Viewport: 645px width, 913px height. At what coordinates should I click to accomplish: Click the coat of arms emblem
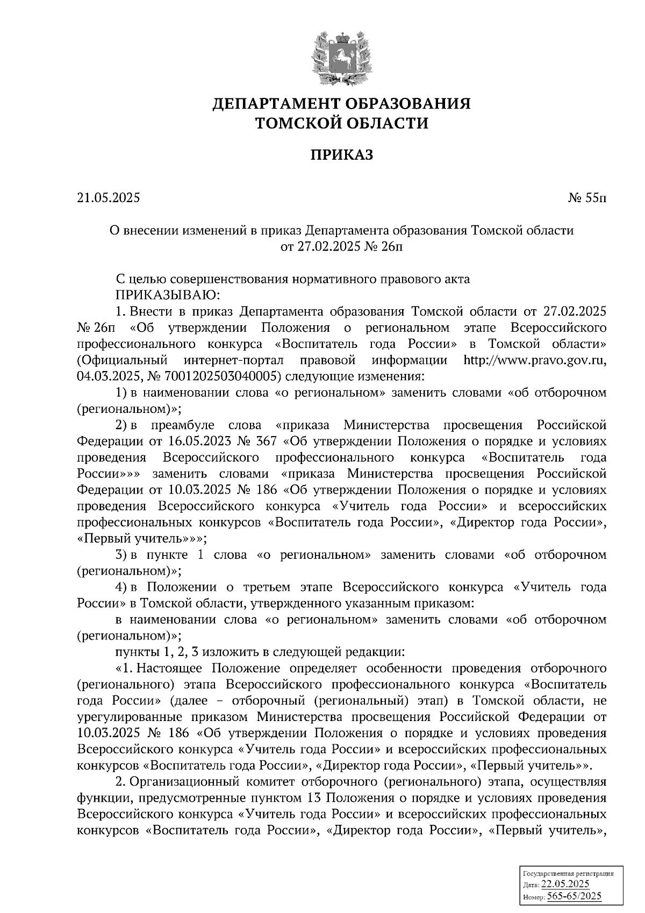341,58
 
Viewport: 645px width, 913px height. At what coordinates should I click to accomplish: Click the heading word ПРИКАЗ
341,156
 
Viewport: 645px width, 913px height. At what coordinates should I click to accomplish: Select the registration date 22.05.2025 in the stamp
565,885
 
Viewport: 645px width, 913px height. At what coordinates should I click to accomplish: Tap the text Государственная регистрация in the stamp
568,874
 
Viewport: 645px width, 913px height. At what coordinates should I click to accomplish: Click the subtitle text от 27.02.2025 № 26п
341,247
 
